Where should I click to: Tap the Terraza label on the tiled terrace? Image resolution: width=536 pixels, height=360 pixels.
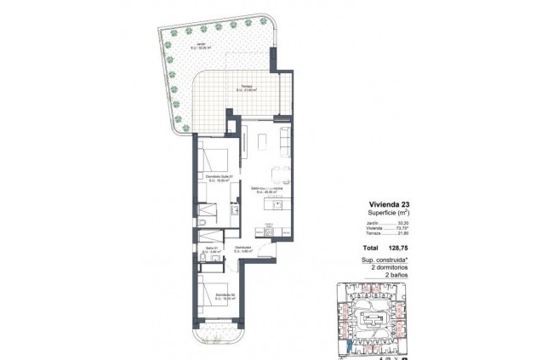(x=246, y=88)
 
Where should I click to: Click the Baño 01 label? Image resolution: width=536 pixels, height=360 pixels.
(x=213, y=249)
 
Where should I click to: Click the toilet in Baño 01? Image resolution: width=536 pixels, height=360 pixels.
(x=207, y=223)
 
